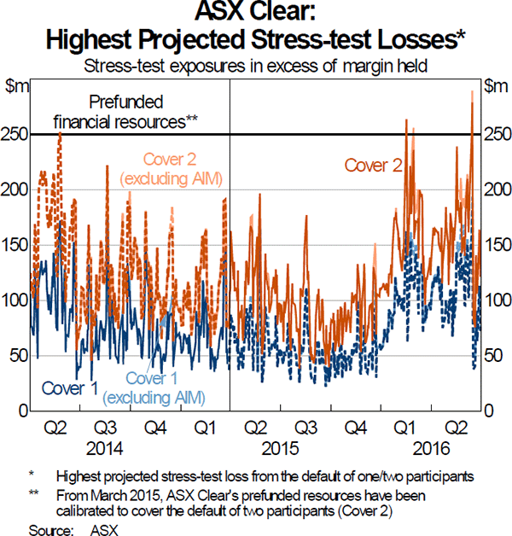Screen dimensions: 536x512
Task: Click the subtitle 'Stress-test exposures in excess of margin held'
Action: [x=256, y=63]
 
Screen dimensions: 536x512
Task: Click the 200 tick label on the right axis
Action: [x=493, y=190]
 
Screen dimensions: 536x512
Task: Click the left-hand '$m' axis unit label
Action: [x=17, y=85]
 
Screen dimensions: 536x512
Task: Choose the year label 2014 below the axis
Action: [x=105, y=446]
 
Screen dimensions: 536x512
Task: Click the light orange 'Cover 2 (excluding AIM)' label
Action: [x=183, y=168]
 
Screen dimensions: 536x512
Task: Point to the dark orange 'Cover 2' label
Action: [x=373, y=166]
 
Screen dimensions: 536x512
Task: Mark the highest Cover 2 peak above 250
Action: [x=471, y=92]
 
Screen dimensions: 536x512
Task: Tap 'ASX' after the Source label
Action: [x=103, y=528]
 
